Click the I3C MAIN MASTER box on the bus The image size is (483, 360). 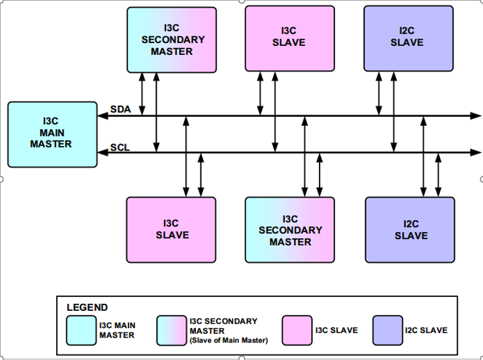(x=52, y=135)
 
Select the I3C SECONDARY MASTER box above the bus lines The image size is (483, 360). (x=172, y=39)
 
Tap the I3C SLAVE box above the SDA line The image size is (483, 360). (x=289, y=37)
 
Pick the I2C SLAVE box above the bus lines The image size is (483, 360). (x=408, y=37)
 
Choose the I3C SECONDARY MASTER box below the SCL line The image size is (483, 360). (x=290, y=230)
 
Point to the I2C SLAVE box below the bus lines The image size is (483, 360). (x=410, y=230)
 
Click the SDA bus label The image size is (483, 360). (x=120, y=110)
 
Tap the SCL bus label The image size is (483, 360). (x=120, y=148)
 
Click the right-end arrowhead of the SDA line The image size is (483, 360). (x=476, y=116)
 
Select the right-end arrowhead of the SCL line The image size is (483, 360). (x=476, y=152)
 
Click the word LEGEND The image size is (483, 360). (x=87, y=308)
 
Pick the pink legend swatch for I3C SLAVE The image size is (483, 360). (x=297, y=330)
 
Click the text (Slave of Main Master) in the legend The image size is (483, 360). (x=228, y=340)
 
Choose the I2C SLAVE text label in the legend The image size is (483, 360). (x=426, y=330)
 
